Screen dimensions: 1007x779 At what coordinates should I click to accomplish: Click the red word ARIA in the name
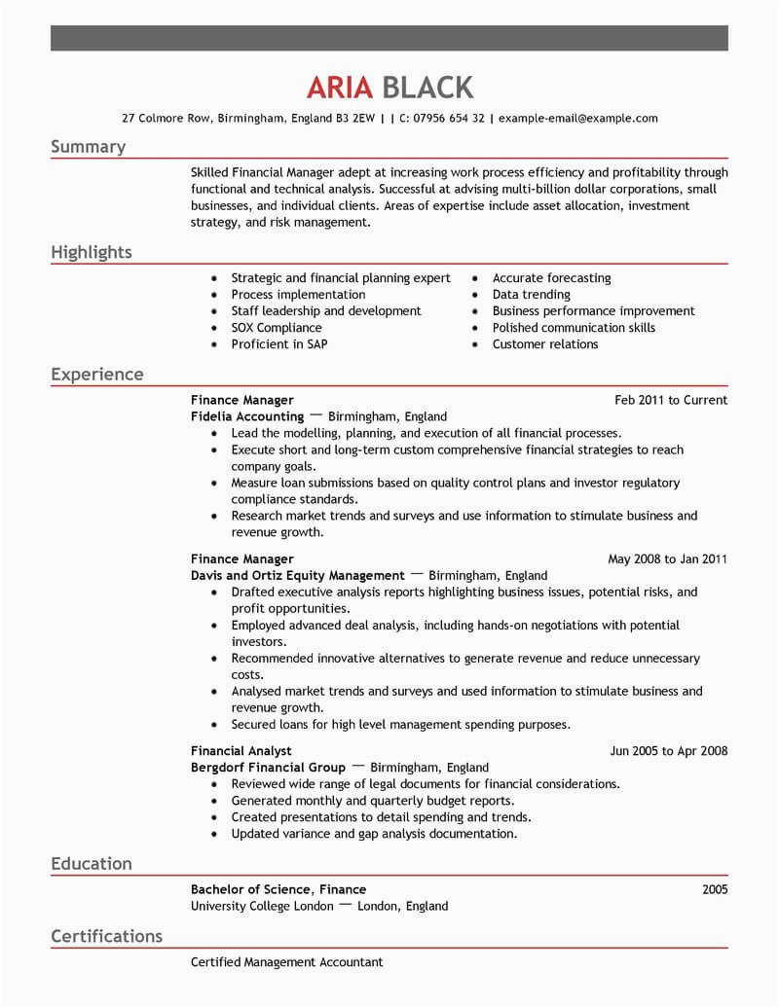tap(340, 88)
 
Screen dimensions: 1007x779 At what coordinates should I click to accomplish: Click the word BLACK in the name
tap(428, 88)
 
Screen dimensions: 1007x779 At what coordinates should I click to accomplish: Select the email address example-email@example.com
tap(577, 119)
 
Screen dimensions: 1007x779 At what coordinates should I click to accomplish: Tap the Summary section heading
tap(88, 147)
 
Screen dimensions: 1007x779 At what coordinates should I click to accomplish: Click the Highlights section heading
tap(91, 252)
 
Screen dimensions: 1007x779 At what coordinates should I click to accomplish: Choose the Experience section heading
tap(96, 375)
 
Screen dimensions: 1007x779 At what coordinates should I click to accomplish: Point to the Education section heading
tap(91, 863)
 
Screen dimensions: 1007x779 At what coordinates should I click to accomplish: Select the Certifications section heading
tap(106, 936)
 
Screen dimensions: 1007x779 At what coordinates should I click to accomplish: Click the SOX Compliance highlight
tap(277, 328)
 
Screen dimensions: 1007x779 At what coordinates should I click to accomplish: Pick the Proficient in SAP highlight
tap(278, 344)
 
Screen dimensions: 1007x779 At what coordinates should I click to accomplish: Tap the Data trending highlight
tap(531, 295)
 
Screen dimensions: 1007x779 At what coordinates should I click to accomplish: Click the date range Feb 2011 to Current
tap(671, 400)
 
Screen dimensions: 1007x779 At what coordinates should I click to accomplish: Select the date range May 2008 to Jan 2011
tap(667, 559)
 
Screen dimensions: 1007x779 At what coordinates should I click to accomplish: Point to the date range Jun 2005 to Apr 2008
tap(668, 751)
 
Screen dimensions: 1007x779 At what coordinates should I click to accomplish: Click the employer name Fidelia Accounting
tap(247, 416)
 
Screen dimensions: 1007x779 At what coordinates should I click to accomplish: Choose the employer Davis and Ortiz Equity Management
tap(297, 576)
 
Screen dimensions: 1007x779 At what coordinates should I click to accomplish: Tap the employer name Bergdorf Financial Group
tap(268, 768)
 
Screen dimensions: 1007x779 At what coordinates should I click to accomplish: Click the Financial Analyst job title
tap(241, 751)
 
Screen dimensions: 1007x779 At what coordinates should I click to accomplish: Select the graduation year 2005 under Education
tap(714, 889)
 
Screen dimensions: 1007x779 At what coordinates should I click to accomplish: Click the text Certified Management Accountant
tap(287, 962)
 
